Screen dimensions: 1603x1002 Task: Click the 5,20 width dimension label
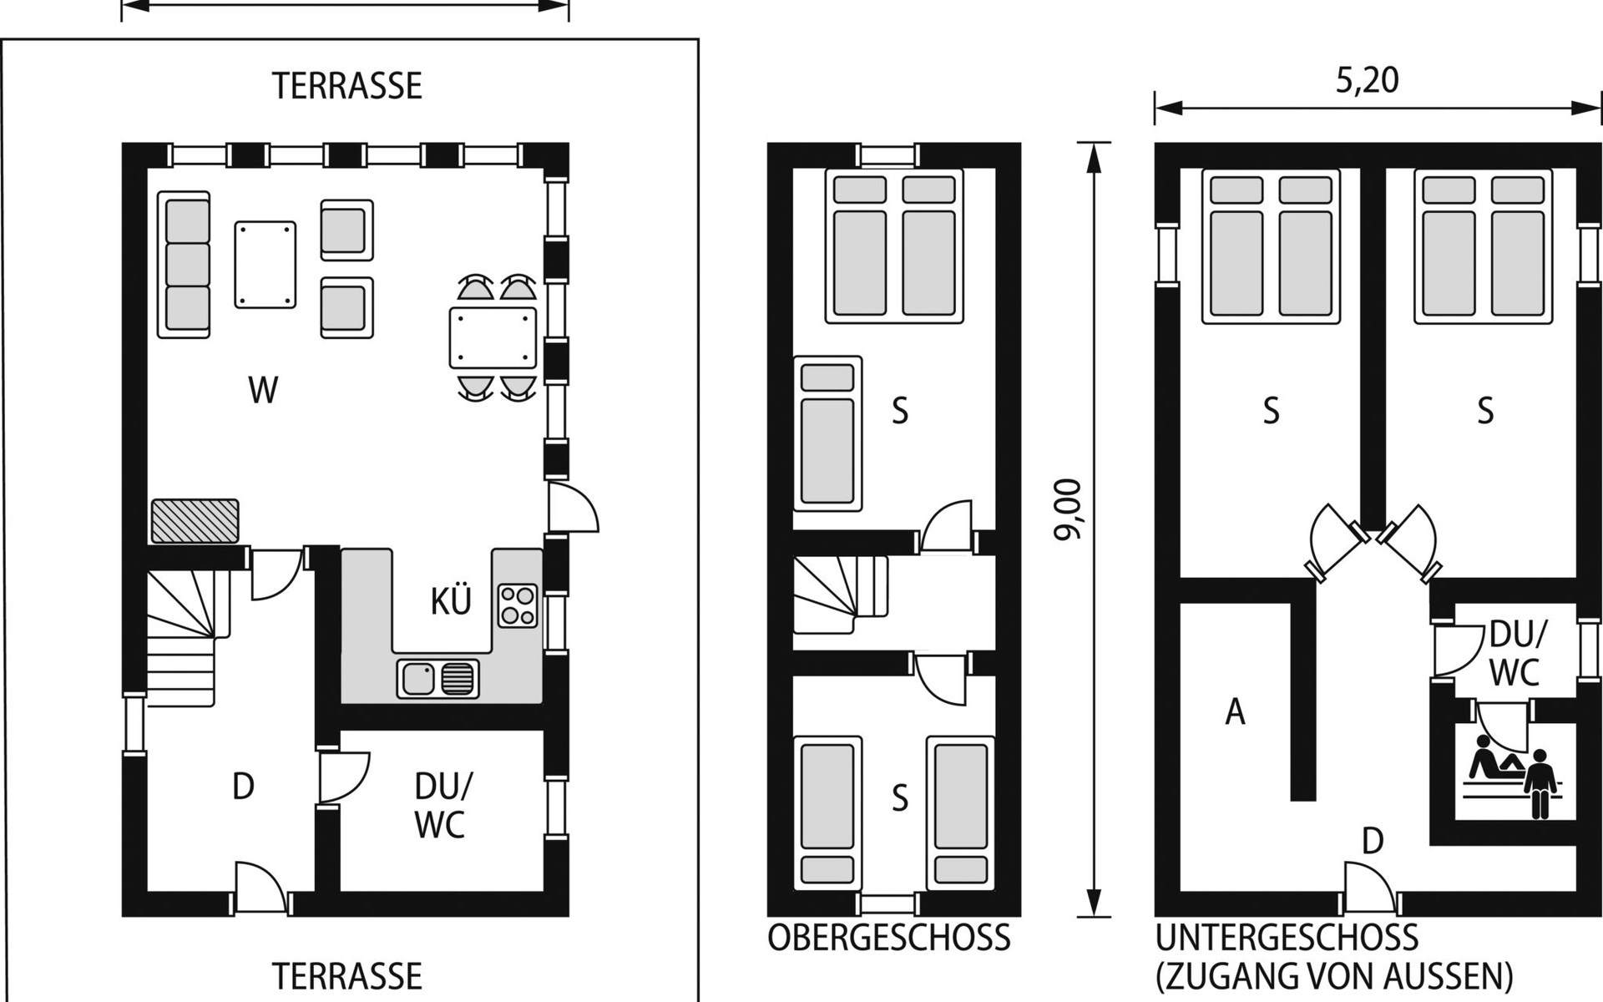1367,80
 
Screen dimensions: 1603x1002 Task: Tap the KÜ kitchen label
451,600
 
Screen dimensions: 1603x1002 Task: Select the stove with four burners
518,606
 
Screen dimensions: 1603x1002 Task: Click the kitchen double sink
438,678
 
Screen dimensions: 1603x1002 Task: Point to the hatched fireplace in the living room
195,521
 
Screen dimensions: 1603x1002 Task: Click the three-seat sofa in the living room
184,265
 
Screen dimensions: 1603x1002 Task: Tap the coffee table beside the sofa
265,265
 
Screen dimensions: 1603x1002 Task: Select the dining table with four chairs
493,338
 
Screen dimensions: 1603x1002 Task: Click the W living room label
263,391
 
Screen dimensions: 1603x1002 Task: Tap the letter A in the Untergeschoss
1235,712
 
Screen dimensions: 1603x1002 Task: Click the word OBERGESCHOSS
889,939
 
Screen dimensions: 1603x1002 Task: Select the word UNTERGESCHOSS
1287,939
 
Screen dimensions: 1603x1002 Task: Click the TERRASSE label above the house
347,86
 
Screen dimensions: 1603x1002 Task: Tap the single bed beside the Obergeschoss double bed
827,434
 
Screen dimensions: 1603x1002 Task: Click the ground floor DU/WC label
441,805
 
